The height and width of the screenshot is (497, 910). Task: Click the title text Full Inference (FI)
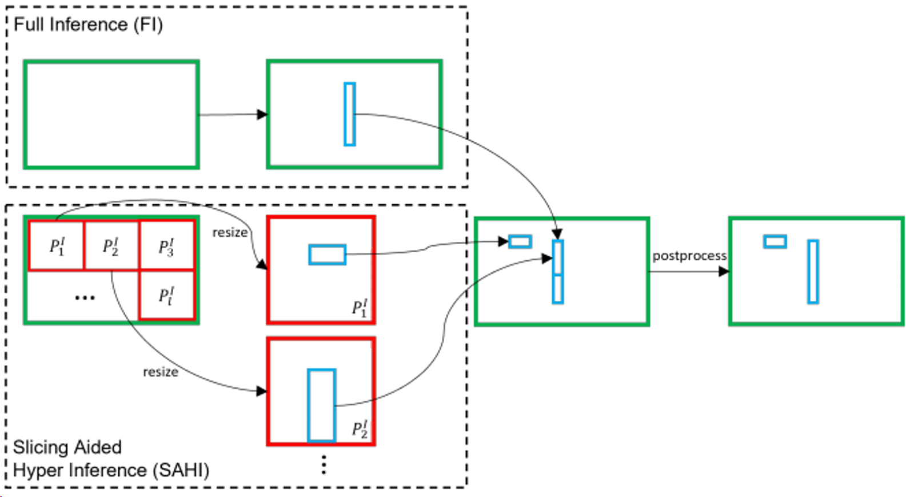click(x=88, y=25)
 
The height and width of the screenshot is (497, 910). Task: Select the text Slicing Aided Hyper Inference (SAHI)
click(x=110, y=459)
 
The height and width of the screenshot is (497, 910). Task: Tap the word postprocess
click(x=689, y=256)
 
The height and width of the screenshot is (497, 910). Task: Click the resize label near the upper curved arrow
click(x=230, y=232)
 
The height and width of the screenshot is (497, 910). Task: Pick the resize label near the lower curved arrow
click(x=161, y=372)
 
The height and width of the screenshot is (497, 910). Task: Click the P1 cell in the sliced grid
click(x=57, y=246)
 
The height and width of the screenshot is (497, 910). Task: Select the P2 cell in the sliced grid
click(x=111, y=246)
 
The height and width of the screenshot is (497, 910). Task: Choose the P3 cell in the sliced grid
click(x=166, y=246)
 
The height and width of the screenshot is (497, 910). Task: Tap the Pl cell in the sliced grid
click(x=166, y=295)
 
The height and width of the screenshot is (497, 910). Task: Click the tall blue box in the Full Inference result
click(x=350, y=114)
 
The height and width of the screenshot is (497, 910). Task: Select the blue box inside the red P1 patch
click(x=327, y=255)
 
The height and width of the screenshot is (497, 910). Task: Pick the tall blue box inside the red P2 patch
click(x=321, y=405)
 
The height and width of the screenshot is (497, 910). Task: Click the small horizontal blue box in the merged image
click(x=520, y=241)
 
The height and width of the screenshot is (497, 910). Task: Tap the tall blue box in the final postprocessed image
click(x=813, y=272)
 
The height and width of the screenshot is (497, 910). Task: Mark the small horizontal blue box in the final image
click(x=775, y=241)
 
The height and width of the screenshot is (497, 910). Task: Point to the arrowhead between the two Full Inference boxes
click(x=262, y=114)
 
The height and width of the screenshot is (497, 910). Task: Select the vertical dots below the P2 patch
click(x=324, y=465)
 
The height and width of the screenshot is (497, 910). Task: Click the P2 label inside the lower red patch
click(x=360, y=429)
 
